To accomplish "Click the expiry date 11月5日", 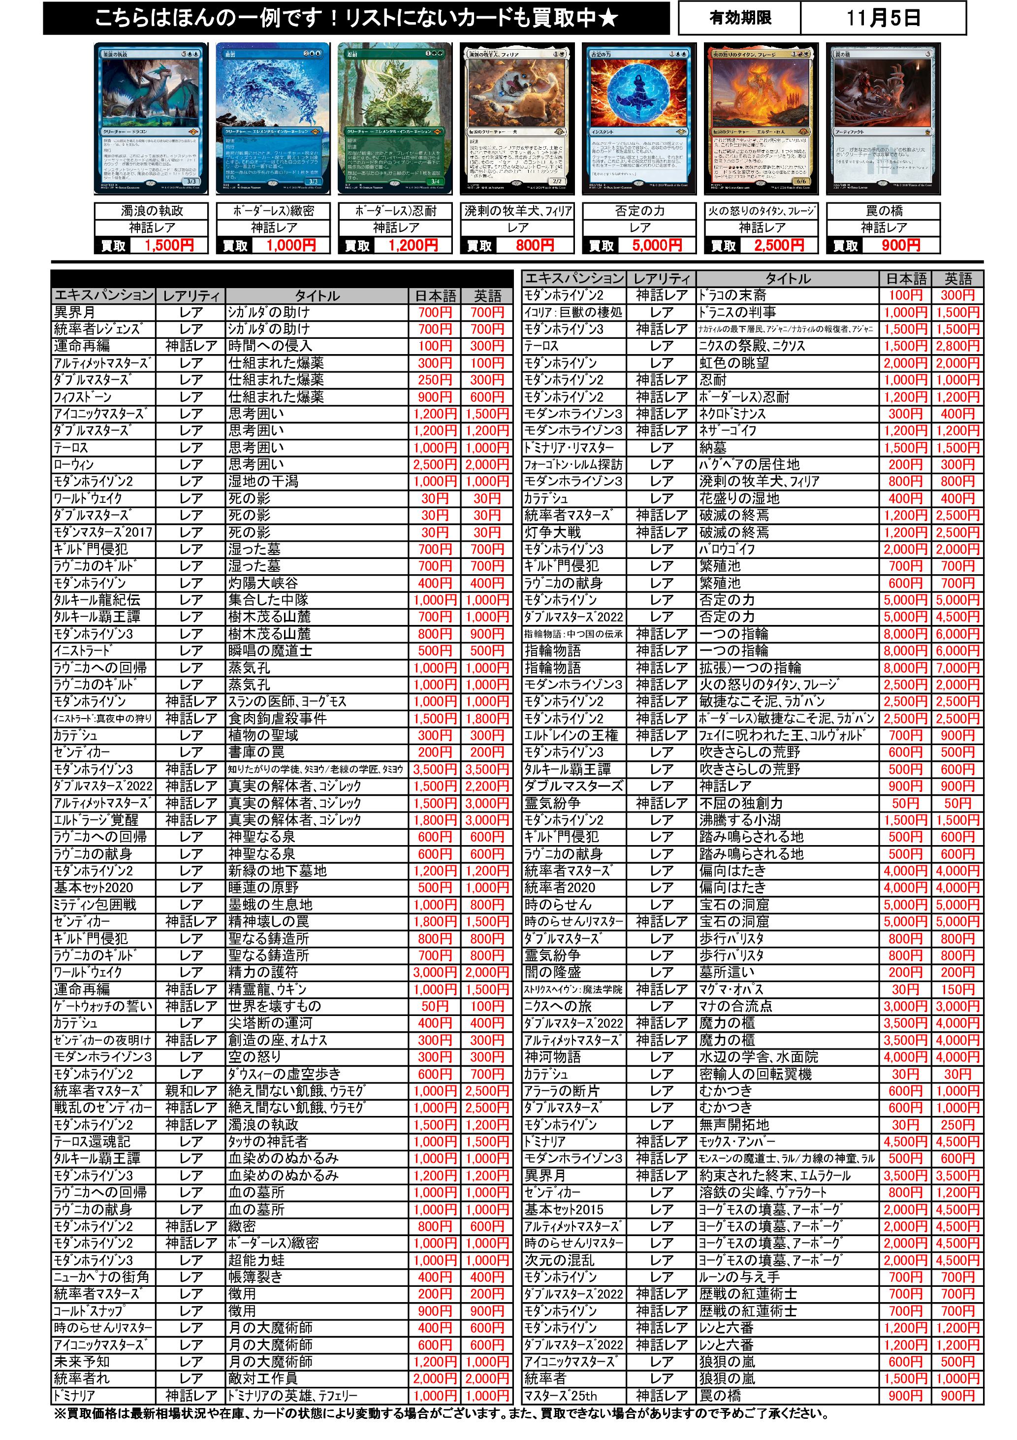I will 883,18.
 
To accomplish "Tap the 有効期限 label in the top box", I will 740,18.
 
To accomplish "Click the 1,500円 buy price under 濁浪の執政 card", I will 169,245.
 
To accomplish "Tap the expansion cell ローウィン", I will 74,464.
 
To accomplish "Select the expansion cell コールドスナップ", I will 89,1311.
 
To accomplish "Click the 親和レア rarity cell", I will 191,1091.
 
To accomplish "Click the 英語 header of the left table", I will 487,295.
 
